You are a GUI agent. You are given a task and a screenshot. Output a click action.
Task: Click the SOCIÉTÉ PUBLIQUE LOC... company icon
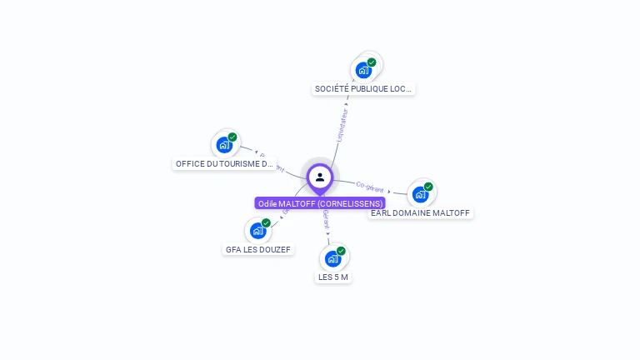point(363,70)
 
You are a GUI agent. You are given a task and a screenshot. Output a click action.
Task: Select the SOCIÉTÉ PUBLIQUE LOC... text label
point(363,88)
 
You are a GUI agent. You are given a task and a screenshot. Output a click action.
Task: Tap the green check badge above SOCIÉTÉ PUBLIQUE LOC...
point(372,62)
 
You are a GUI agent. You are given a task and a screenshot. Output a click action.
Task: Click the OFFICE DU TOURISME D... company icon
point(224,145)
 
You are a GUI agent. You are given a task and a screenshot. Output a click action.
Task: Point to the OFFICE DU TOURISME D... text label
point(224,163)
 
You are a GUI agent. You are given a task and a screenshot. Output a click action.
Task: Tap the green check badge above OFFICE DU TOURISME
point(232,137)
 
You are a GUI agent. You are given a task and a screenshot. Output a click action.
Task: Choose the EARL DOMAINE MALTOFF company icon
point(420,194)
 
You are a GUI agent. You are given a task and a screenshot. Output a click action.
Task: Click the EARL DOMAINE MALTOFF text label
point(421,213)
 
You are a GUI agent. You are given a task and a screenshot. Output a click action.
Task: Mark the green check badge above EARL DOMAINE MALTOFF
point(428,187)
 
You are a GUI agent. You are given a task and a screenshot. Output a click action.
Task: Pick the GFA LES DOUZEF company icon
point(257,231)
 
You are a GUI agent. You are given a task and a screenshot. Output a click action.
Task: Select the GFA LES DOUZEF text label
point(258,249)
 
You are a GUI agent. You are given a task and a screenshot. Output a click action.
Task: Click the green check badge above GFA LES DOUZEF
point(266,223)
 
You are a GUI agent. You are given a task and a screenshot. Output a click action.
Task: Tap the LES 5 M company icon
point(332,258)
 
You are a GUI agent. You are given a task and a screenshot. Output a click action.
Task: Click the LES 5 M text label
point(333,277)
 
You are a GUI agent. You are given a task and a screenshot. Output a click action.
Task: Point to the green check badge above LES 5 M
point(341,251)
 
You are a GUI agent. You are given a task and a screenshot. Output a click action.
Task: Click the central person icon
point(320,177)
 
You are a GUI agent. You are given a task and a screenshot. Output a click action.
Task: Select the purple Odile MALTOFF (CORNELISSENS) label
point(320,203)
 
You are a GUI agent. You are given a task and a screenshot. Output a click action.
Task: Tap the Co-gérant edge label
point(369,186)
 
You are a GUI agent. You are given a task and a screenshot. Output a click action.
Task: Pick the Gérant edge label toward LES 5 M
point(326,220)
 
